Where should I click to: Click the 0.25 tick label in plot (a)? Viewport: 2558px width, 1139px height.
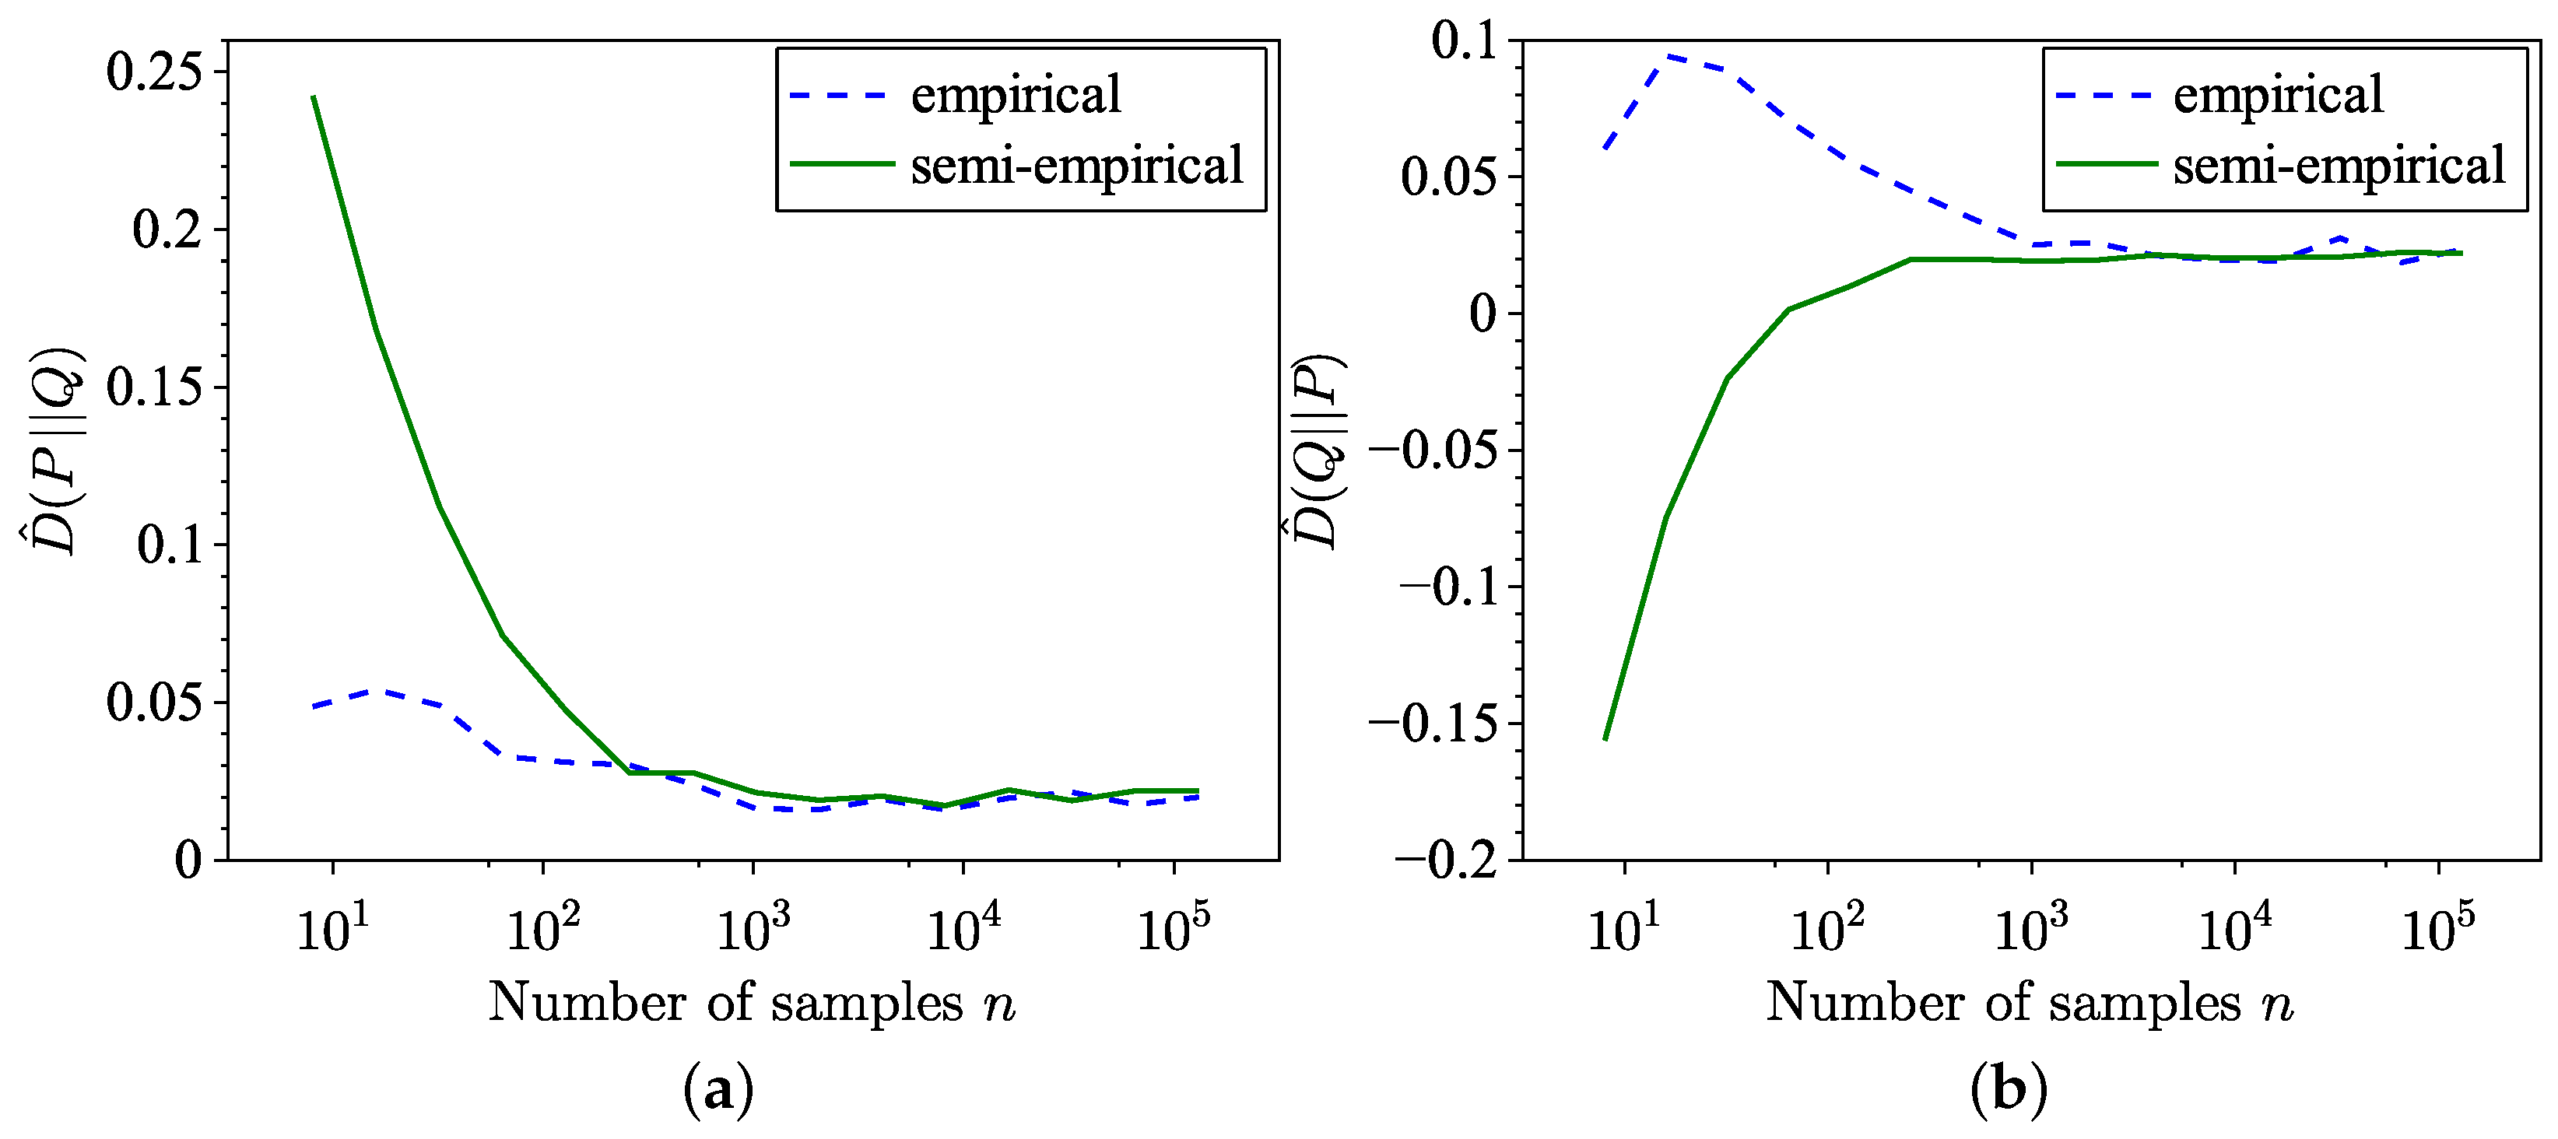[153, 72]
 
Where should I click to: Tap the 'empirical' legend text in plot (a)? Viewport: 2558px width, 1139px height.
[1015, 96]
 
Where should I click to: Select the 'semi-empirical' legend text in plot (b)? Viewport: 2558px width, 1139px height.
[2339, 165]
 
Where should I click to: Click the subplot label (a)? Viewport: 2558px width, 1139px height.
[718, 1089]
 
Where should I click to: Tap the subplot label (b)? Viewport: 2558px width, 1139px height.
[2008, 1089]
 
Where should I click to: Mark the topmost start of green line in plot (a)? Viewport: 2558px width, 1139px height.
[314, 97]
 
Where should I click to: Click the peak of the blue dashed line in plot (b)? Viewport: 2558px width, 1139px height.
[1669, 57]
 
